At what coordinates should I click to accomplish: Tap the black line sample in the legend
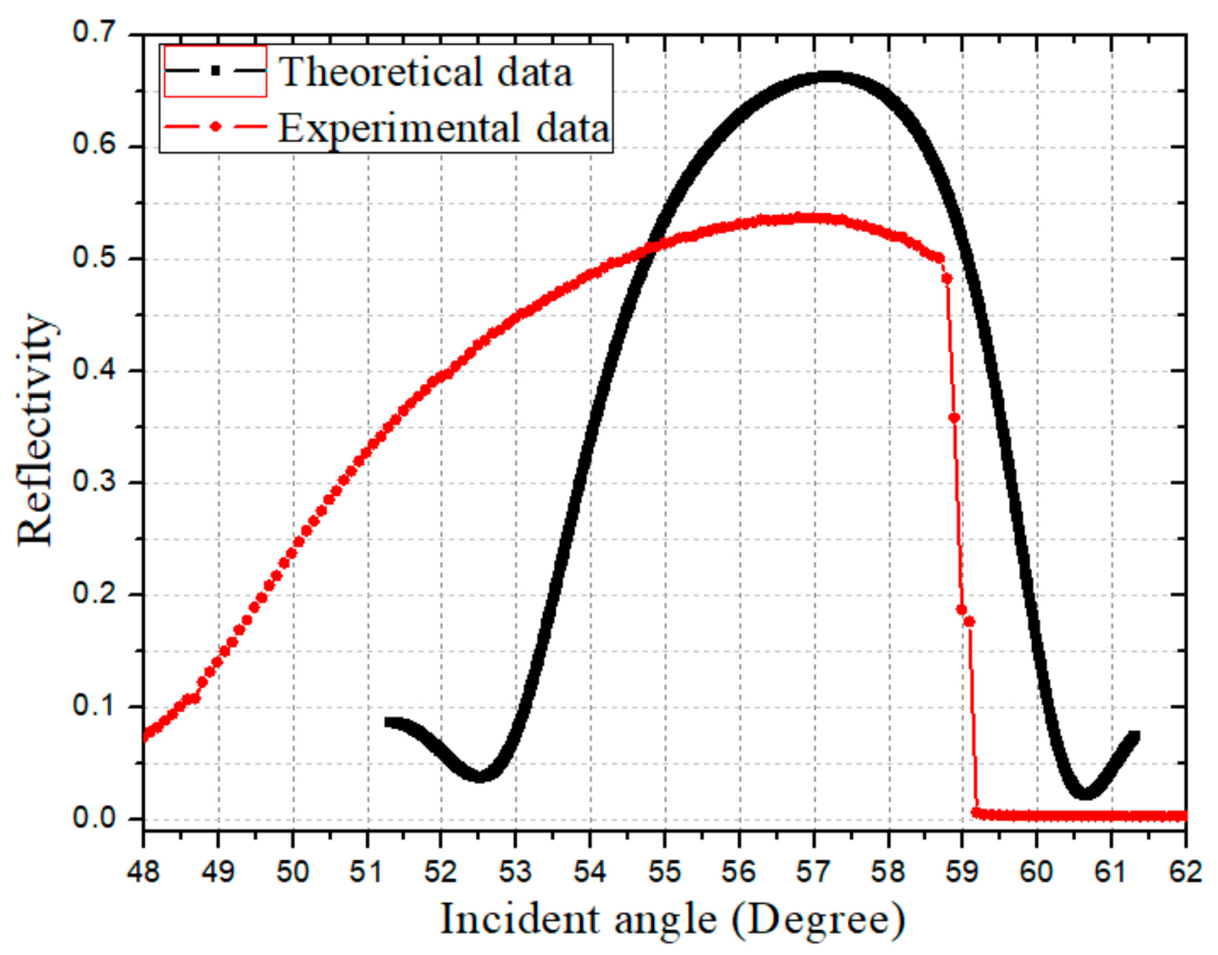click(215, 72)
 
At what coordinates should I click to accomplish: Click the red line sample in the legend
click(215, 127)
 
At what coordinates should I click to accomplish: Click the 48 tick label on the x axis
click(144, 872)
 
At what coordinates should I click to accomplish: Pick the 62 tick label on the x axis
click(1186, 872)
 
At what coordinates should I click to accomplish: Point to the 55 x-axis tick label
click(664, 872)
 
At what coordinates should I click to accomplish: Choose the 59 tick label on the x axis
click(962, 872)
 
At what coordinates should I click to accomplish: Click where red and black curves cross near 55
click(650, 247)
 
